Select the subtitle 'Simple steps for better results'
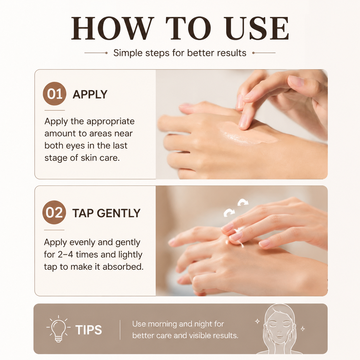[180, 53]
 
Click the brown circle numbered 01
[55, 94]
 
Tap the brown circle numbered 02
[54, 212]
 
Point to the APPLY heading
[90, 94]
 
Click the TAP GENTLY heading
[106, 213]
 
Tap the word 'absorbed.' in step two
[123, 267]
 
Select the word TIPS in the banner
[88, 330]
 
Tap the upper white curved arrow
[243, 202]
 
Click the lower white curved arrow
[229, 213]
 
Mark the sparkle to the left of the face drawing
[258, 321]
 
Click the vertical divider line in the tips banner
[120, 330]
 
